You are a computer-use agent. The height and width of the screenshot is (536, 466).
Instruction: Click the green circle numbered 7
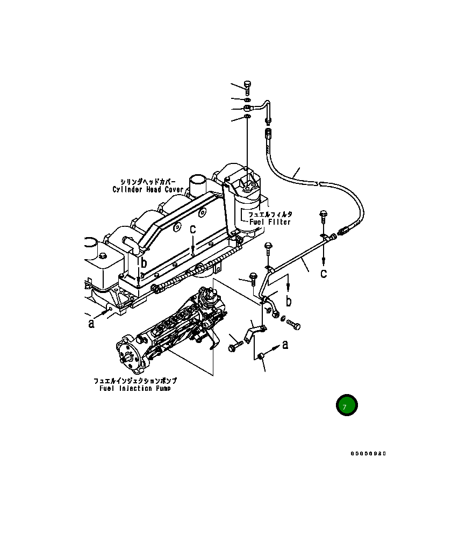point(347,405)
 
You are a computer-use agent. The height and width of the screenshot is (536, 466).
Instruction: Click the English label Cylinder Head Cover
point(148,190)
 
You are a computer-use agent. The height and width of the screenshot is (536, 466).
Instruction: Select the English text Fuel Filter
point(269,222)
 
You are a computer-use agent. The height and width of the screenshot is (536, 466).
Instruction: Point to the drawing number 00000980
point(368,453)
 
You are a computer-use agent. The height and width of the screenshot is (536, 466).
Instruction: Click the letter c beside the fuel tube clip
point(324,274)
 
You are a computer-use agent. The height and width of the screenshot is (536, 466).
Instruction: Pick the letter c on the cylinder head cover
point(192,229)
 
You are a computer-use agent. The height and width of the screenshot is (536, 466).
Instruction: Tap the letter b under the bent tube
point(289,301)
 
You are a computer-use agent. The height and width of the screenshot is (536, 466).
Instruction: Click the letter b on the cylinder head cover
point(144,263)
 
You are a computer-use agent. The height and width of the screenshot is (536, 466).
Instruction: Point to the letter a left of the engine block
point(91,323)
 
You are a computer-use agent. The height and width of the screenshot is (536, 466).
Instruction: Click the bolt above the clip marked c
point(323,217)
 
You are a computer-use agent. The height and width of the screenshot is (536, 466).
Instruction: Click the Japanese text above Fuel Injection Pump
point(135,381)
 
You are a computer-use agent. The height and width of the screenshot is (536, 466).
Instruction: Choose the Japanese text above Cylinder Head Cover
point(148,182)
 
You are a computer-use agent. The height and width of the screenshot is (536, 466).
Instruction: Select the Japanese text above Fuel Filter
point(270,215)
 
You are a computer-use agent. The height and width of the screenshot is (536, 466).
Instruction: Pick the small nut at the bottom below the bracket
point(260,355)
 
